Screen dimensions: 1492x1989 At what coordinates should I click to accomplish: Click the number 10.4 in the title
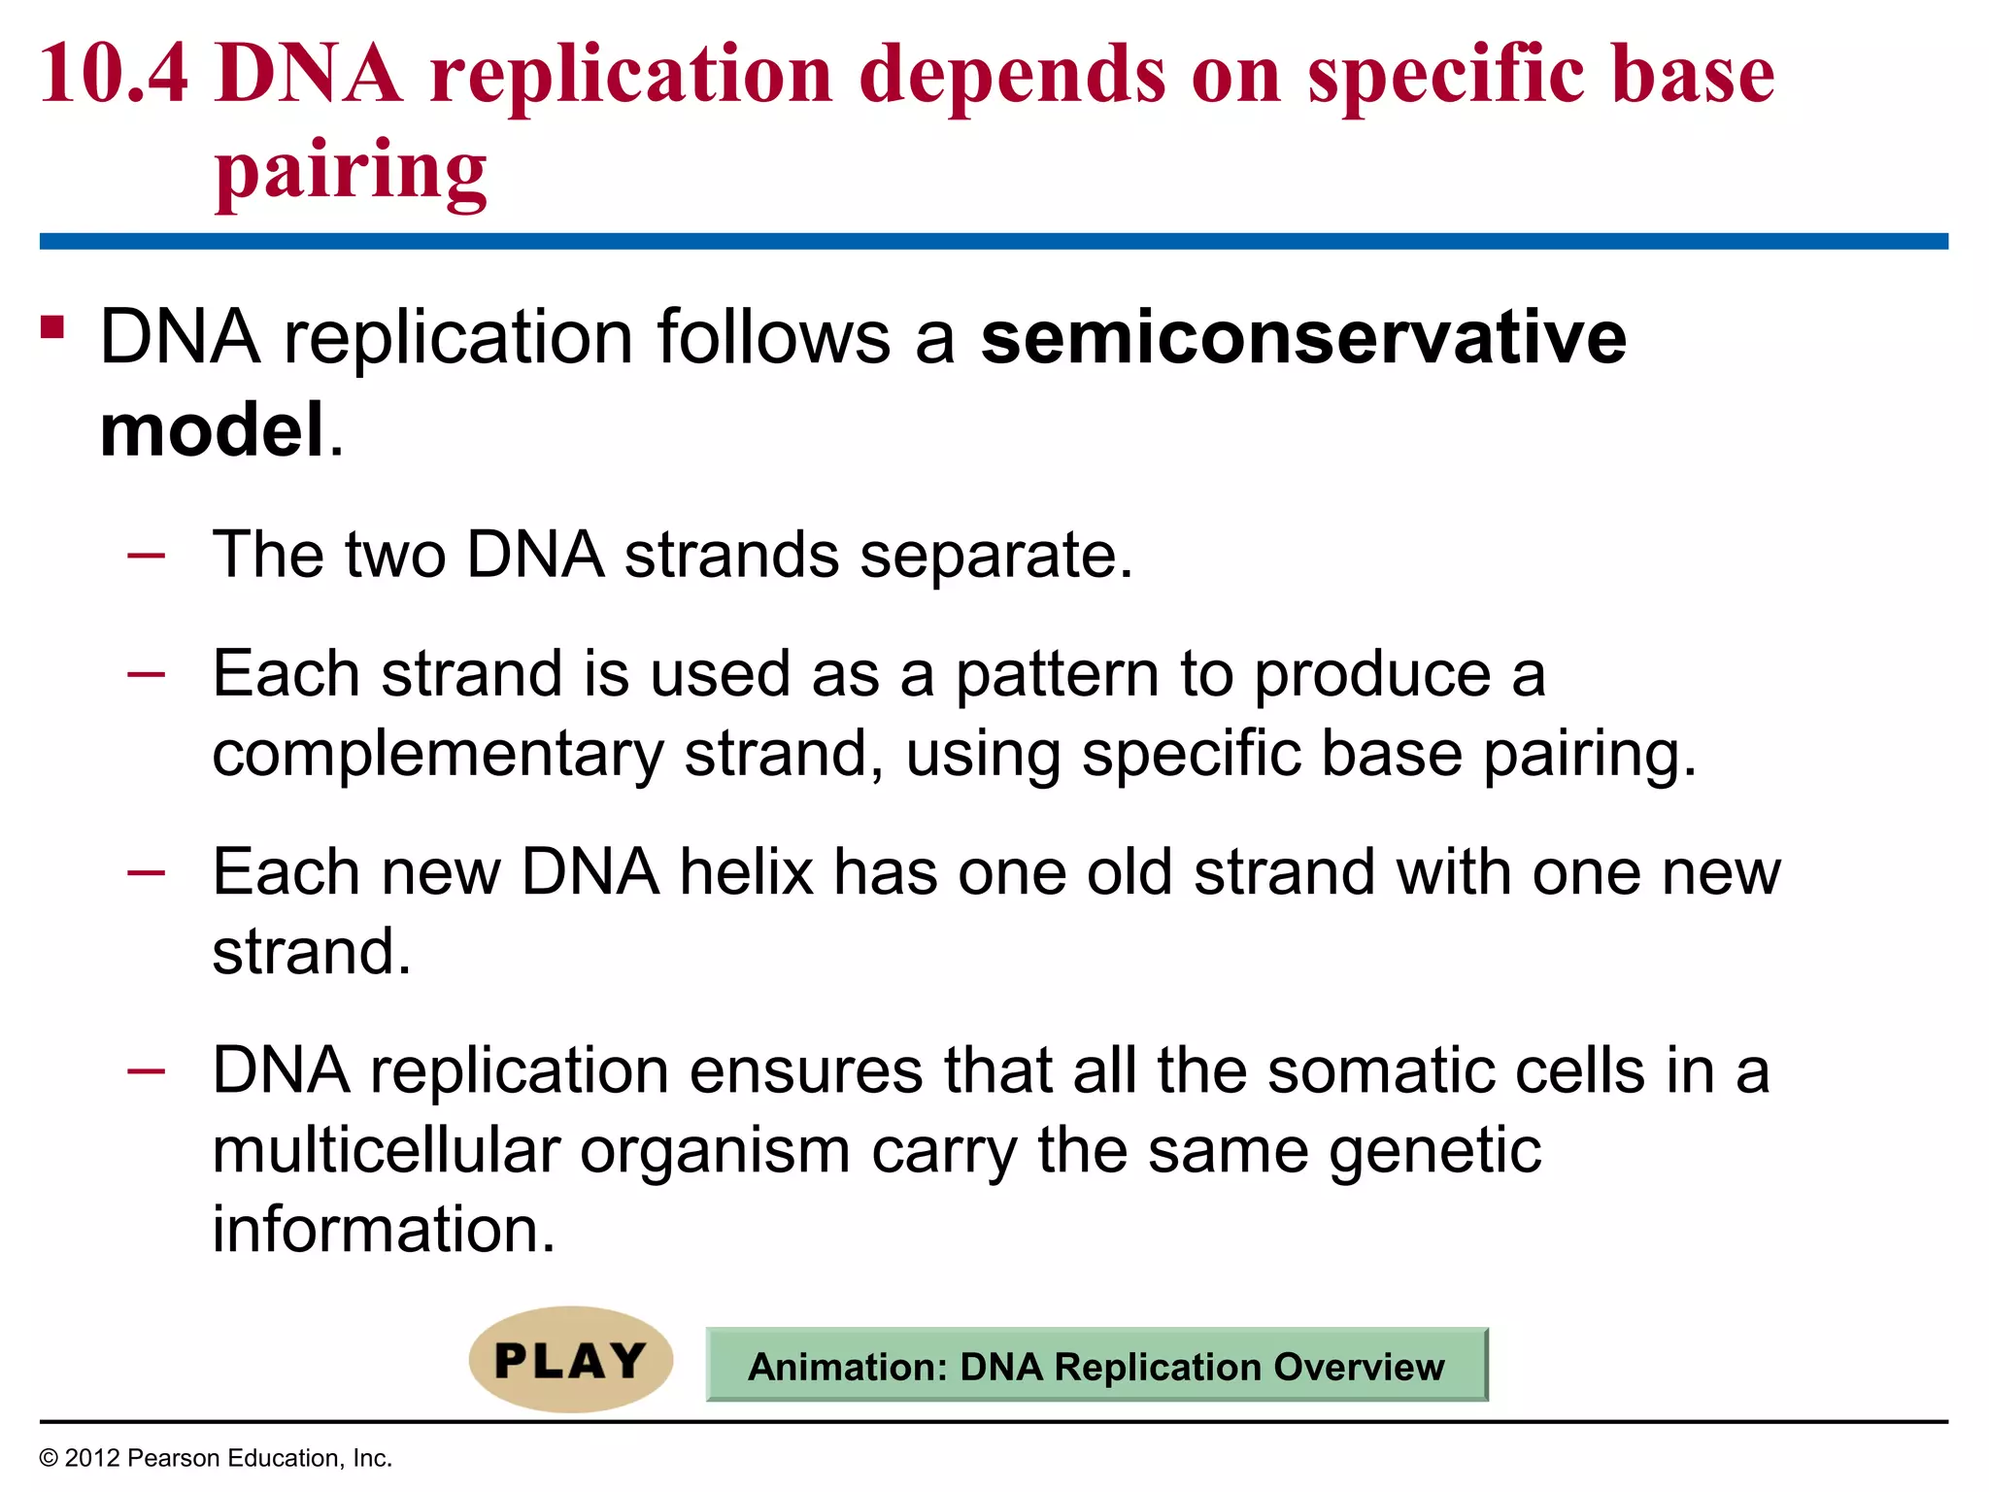(x=114, y=76)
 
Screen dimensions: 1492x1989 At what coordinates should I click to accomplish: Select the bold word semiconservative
(x=1302, y=337)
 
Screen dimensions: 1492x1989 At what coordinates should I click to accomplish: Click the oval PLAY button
(x=571, y=1360)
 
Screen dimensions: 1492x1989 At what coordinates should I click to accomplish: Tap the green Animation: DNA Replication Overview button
(x=1096, y=1366)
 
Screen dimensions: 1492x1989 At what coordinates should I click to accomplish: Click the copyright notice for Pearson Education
(x=216, y=1458)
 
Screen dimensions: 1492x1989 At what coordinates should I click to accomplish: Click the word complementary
(x=438, y=755)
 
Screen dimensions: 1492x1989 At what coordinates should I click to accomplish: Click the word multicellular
(x=386, y=1150)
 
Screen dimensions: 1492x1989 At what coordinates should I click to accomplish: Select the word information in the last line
(x=383, y=1230)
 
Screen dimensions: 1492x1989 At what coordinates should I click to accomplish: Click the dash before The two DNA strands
(x=146, y=556)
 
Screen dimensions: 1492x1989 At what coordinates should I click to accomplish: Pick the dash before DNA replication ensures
(x=146, y=1071)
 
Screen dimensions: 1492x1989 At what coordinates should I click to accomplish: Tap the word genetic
(x=1434, y=1152)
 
